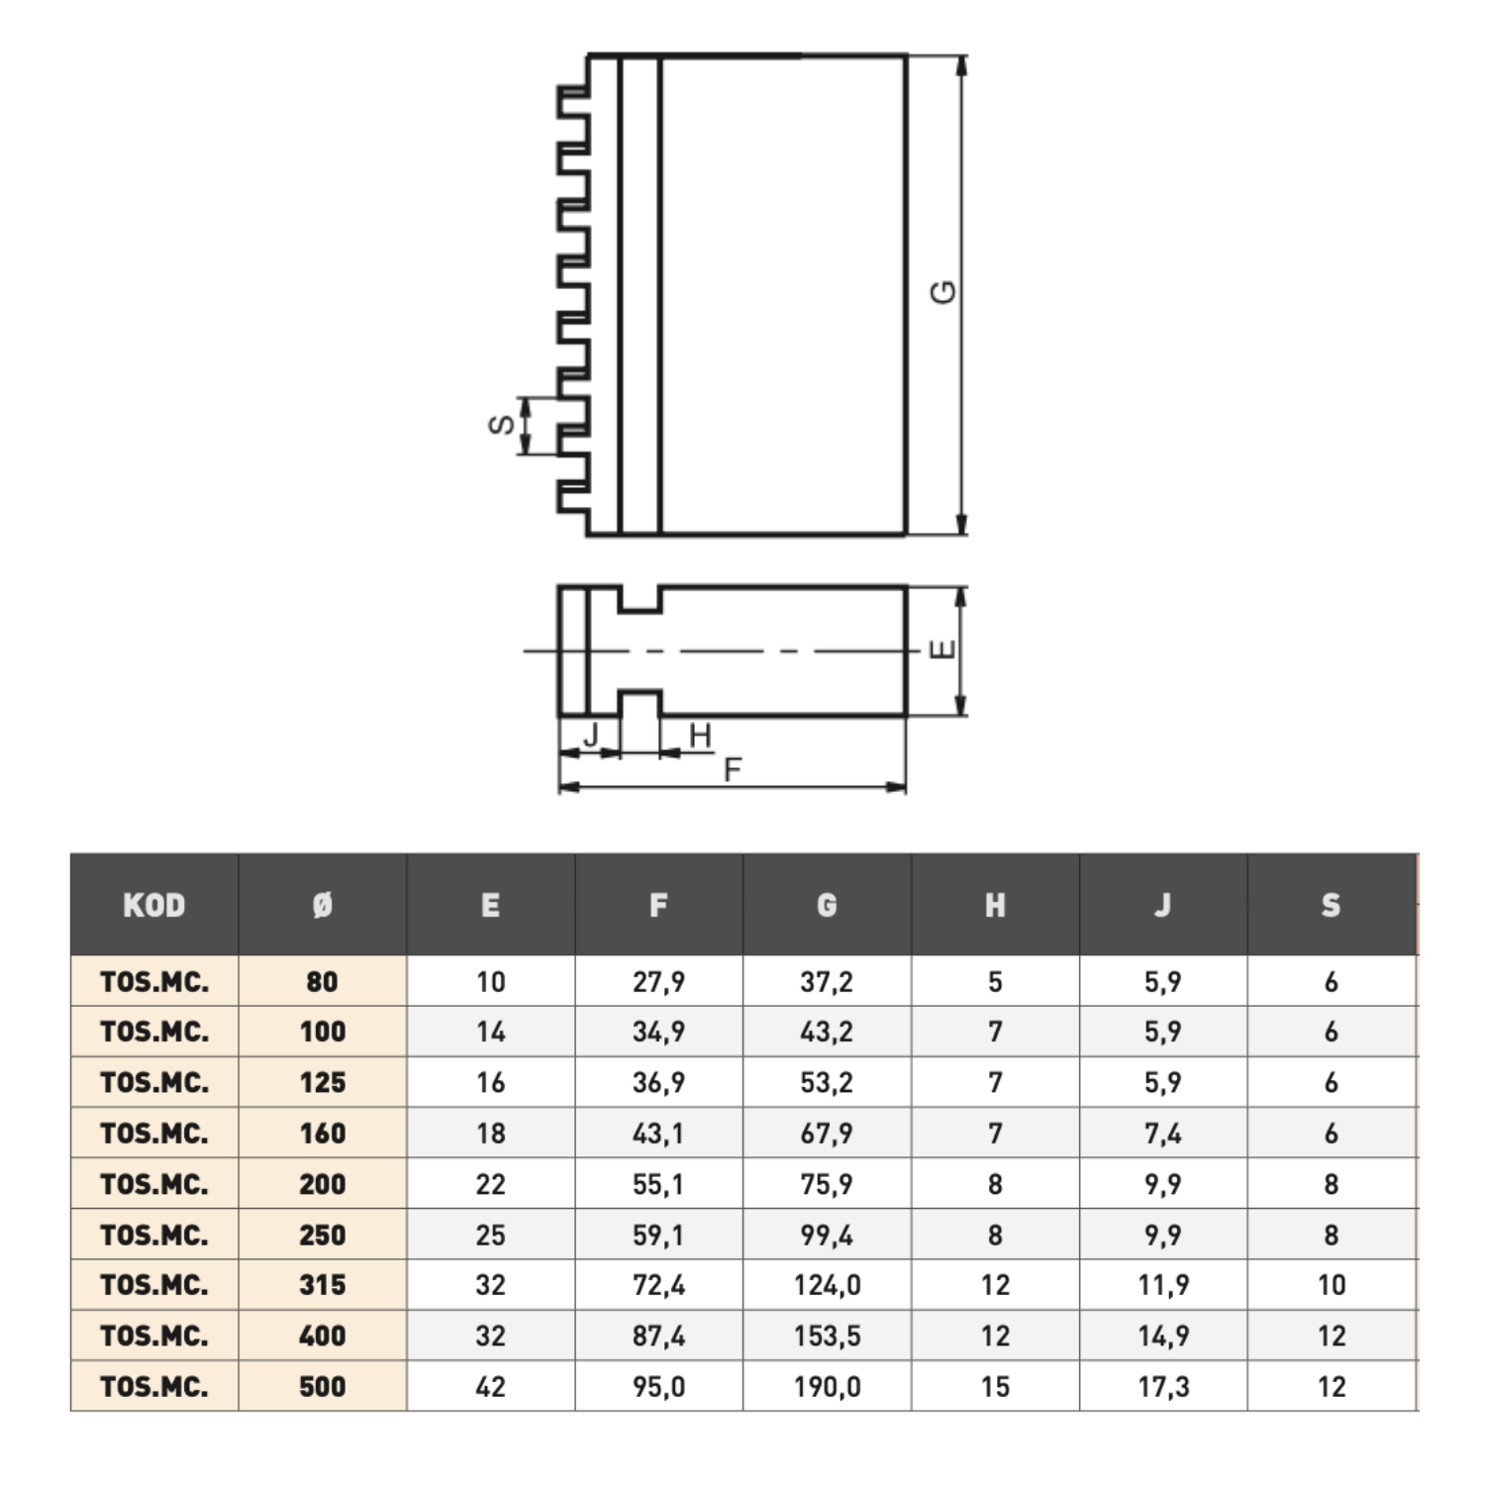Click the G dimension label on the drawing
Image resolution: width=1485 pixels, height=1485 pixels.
[944, 292]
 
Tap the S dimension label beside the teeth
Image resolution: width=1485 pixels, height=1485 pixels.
[502, 425]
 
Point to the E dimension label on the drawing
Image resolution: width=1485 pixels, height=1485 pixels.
[943, 649]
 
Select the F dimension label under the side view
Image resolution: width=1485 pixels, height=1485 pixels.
[733, 769]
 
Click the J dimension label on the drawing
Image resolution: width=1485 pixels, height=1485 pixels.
[591, 735]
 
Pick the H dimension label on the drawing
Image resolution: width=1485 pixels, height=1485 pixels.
[700, 736]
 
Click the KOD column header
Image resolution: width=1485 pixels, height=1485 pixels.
[154, 905]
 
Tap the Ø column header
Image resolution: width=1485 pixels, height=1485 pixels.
[323, 905]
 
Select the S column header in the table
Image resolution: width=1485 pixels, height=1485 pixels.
[1331, 905]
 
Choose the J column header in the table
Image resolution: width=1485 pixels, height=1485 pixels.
[1163, 905]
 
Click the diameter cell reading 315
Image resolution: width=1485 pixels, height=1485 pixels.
[323, 1285]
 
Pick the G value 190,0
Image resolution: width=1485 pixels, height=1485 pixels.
[828, 1387]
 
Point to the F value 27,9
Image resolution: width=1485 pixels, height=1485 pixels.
[658, 982]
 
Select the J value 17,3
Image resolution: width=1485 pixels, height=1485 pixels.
[1163, 1387]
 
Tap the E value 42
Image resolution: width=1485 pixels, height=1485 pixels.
[491, 1387]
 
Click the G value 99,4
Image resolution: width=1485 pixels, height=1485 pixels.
[827, 1236]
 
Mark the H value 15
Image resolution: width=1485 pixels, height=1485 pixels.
[995, 1387]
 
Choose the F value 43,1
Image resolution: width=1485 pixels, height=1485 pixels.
[658, 1134]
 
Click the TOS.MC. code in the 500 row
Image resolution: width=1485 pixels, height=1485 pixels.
[154, 1387]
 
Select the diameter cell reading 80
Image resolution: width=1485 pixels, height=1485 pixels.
[323, 982]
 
